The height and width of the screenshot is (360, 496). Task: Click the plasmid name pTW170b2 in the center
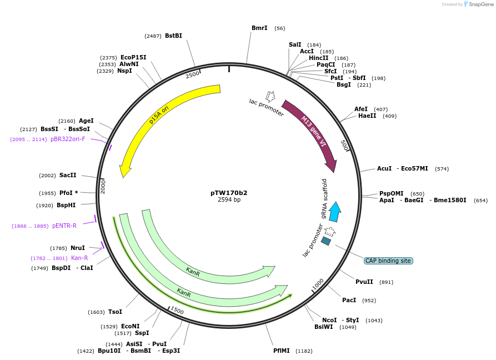[229, 193]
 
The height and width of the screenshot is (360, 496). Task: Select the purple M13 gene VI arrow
[314, 131]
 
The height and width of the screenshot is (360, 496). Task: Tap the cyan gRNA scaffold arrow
[334, 212]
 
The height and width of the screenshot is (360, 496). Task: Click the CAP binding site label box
[388, 261]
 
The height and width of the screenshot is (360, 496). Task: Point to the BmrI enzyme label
[259, 28]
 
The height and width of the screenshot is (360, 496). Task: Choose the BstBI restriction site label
[173, 36]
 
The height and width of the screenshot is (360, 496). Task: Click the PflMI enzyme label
[282, 351]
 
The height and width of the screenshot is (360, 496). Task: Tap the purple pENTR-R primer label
[64, 226]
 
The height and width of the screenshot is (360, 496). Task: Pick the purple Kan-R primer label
[79, 258]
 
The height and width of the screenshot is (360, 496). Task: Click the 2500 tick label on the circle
[192, 74]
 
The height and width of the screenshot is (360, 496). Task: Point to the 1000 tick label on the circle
[318, 284]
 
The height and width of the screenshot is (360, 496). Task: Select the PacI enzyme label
[349, 300]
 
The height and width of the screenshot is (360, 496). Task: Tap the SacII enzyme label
[68, 175]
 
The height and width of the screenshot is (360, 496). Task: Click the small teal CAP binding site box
[326, 241]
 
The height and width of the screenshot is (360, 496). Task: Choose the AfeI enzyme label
[361, 109]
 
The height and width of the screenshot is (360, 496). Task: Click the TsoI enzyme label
[115, 312]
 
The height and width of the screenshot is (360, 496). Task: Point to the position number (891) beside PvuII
[386, 282]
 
